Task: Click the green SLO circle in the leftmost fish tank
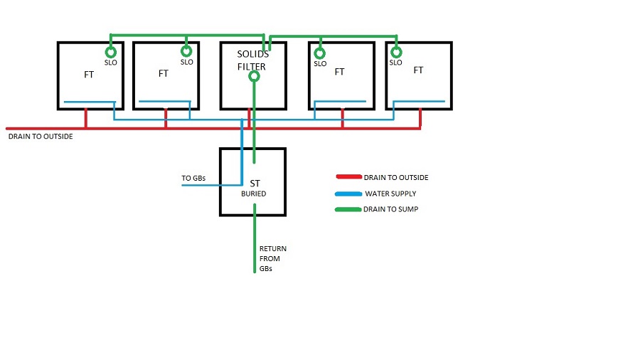click(x=110, y=52)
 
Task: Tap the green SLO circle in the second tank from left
click(x=186, y=51)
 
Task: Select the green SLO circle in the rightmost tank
click(x=396, y=52)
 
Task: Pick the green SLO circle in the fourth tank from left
click(x=320, y=52)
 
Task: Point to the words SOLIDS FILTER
click(x=253, y=61)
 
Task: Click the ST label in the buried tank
click(x=254, y=184)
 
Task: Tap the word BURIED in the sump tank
click(x=253, y=194)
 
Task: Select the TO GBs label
click(x=193, y=178)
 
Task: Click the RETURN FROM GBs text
click(x=273, y=258)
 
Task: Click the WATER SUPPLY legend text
click(x=390, y=194)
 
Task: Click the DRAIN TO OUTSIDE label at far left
click(x=40, y=136)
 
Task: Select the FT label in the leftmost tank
click(x=88, y=74)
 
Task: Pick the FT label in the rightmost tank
click(x=418, y=70)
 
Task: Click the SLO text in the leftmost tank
click(x=110, y=63)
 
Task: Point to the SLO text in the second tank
click(x=187, y=63)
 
